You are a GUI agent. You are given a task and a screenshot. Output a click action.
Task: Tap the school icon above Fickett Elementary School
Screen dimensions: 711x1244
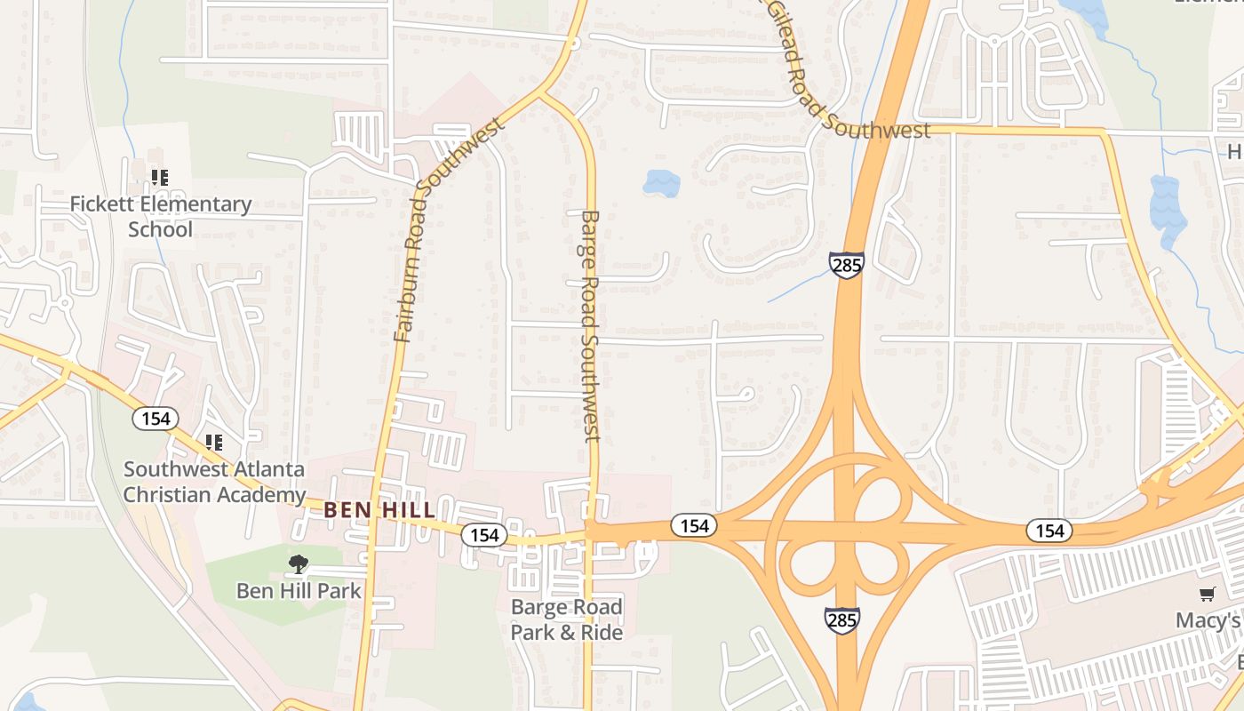click(160, 178)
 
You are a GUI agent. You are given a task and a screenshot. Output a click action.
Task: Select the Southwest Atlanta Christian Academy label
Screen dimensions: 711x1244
click(214, 482)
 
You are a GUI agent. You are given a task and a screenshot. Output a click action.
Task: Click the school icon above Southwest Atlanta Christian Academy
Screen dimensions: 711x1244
click(213, 442)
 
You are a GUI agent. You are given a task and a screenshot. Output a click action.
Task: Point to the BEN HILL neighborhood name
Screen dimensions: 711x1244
click(379, 510)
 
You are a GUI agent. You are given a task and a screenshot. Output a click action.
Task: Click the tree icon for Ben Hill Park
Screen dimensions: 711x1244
click(298, 563)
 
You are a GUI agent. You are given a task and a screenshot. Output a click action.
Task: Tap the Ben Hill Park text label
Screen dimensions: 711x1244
click(299, 590)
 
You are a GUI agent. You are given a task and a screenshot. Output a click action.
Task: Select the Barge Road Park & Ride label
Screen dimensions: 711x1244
click(566, 619)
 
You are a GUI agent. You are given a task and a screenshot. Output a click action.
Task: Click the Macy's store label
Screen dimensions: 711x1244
click(1208, 620)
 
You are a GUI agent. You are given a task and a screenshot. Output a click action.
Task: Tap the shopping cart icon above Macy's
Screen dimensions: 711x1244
click(1207, 594)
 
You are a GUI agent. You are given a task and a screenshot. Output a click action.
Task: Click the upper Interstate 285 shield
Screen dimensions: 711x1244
click(846, 265)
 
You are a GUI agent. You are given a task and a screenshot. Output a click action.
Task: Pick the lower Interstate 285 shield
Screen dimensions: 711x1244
click(841, 619)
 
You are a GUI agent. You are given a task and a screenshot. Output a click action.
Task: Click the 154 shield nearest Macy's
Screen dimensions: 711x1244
click(1049, 531)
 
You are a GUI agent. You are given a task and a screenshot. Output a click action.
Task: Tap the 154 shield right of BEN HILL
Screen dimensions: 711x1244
click(484, 535)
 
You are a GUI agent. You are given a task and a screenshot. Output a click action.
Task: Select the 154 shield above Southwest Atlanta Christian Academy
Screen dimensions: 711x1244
click(155, 419)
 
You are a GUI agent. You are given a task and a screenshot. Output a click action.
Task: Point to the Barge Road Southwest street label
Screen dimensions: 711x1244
click(590, 325)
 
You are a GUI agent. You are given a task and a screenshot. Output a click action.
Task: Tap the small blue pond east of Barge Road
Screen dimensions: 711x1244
click(661, 183)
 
